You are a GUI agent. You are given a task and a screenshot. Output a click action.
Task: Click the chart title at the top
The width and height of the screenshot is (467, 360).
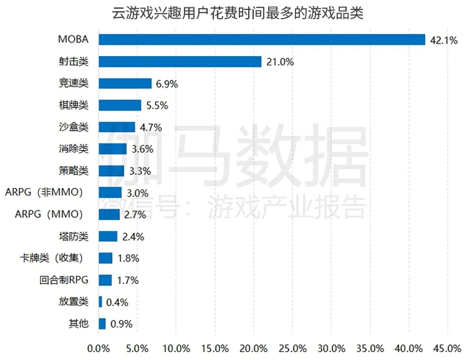233,14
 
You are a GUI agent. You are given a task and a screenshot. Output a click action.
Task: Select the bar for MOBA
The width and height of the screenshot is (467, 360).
262,40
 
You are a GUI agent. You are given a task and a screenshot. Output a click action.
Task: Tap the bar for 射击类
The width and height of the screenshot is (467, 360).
179,61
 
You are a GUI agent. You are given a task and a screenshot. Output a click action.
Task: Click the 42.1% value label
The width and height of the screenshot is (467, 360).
443,40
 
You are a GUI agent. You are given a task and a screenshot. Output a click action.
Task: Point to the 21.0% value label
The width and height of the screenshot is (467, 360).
279,62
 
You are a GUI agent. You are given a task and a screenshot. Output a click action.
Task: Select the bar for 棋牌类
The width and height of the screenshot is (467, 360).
120,105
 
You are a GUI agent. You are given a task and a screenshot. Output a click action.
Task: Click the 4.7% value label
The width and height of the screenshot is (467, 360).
151,127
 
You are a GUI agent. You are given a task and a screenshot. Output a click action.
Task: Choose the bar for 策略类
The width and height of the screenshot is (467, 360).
111,171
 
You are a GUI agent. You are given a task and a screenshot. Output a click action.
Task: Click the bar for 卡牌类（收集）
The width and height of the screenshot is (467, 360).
105,258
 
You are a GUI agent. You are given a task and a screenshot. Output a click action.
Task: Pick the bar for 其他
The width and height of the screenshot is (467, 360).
102,324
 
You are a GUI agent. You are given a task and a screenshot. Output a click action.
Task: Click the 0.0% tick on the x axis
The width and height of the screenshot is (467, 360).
99,349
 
